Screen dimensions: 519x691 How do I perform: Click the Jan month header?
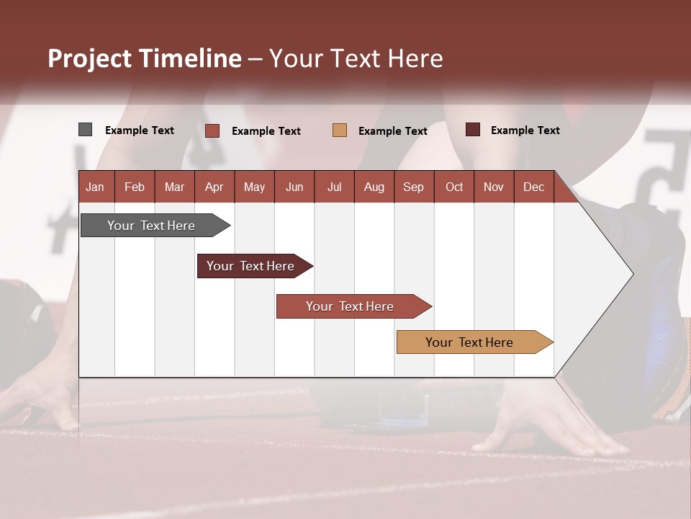[95, 187]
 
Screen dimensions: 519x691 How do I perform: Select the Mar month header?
[174, 187]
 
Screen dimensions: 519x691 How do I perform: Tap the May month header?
[254, 187]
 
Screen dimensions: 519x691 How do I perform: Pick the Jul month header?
[334, 187]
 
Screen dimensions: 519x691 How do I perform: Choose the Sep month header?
[413, 187]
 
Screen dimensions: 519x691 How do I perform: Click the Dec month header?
[533, 187]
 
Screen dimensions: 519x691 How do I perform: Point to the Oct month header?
[454, 187]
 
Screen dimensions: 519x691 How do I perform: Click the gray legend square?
[85, 130]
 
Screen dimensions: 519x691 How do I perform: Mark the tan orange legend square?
[340, 130]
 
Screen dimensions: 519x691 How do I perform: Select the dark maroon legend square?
[473, 130]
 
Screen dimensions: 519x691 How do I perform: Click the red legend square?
[212, 130]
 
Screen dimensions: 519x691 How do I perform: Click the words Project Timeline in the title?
[145, 58]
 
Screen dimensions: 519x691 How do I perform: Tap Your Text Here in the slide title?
[356, 58]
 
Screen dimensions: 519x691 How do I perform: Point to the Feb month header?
[135, 187]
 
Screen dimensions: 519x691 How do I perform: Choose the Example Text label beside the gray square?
[140, 130]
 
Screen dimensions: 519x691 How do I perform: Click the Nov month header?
[493, 187]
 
